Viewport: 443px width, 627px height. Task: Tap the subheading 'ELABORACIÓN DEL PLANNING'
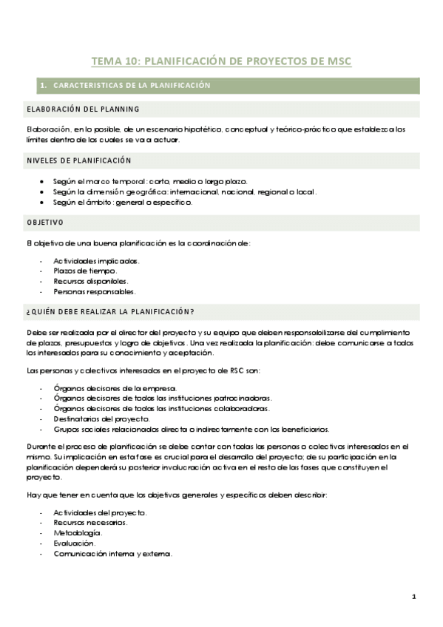[83, 109]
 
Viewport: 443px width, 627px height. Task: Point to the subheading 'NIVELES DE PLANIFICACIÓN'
[79, 160]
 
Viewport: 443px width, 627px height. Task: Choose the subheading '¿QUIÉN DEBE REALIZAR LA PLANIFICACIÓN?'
[110, 311]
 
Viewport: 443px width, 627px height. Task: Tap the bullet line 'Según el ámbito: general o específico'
[123, 202]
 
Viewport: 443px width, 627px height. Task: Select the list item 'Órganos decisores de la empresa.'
[115, 388]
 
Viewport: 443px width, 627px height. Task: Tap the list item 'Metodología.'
[78, 532]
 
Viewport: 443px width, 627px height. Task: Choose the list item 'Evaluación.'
[75, 543]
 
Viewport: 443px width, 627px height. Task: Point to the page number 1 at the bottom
[414, 597]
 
